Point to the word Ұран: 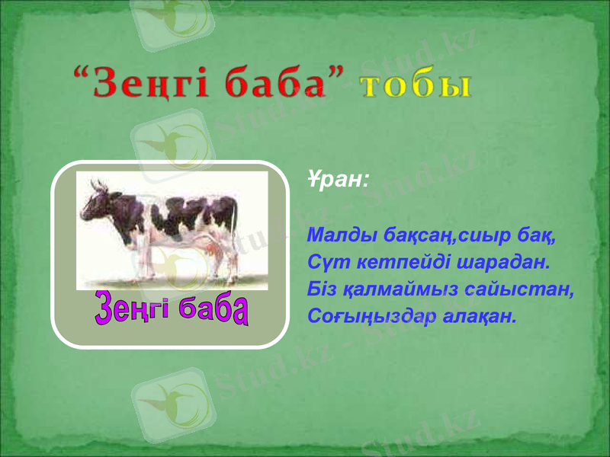click(339, 181)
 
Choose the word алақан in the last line click(480, 315)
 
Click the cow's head click(96, 201)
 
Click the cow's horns click(98, 184)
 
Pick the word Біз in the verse click(322, 289)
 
